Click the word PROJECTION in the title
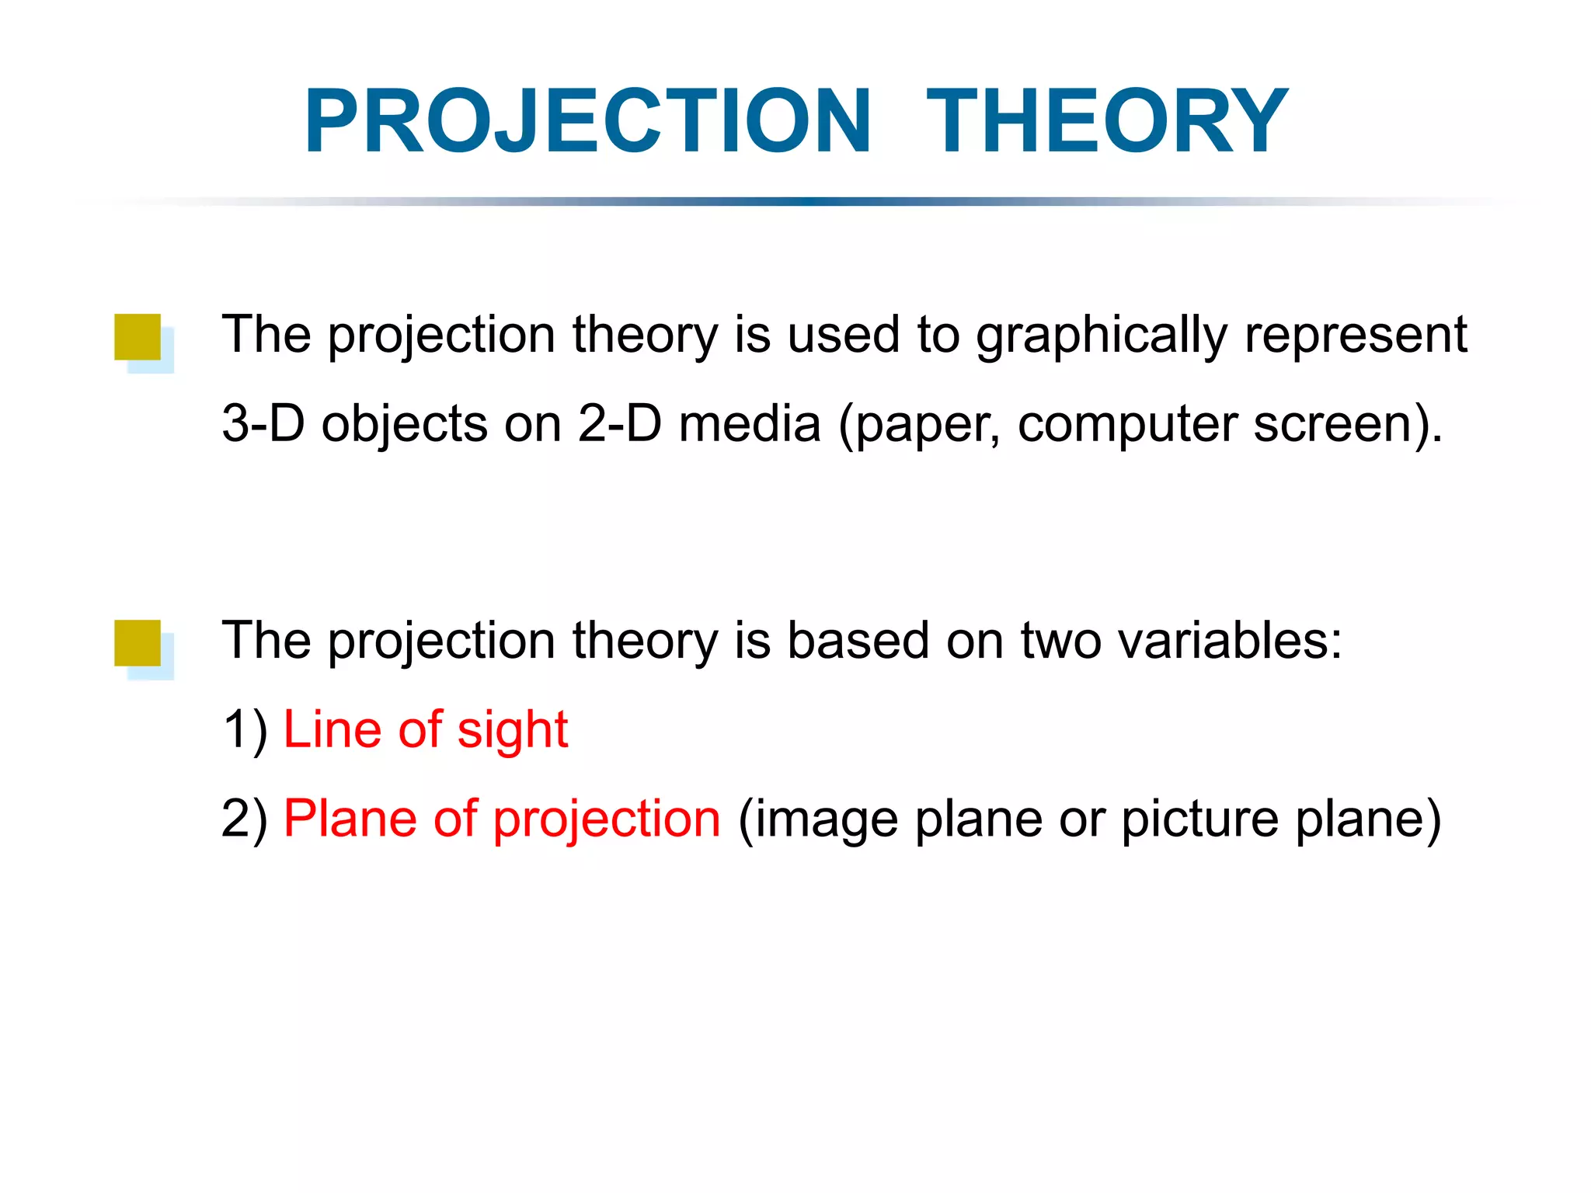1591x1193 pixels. (588, 121)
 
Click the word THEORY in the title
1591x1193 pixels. (1106, 121)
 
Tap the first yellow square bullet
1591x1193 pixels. (138, 337)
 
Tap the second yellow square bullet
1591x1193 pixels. (138, 642)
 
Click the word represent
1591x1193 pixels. (1356, 336)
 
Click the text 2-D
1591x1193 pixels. (619, 424)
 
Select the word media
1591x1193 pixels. (749, 424)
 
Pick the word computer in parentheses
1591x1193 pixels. (1127, 426)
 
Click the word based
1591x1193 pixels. (858, 641)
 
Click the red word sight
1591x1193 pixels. (513, 730)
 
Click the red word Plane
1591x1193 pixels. (350, 819)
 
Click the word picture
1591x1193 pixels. (1200, 819)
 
